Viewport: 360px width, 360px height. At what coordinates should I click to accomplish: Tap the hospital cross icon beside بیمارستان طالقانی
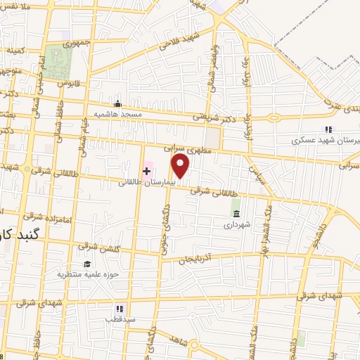point(147,172)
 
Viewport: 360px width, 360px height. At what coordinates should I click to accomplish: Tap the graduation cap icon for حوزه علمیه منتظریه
point(87,264)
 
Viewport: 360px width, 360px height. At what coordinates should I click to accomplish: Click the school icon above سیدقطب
point(119,308)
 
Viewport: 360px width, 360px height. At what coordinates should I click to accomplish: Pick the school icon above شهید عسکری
point(327,129)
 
